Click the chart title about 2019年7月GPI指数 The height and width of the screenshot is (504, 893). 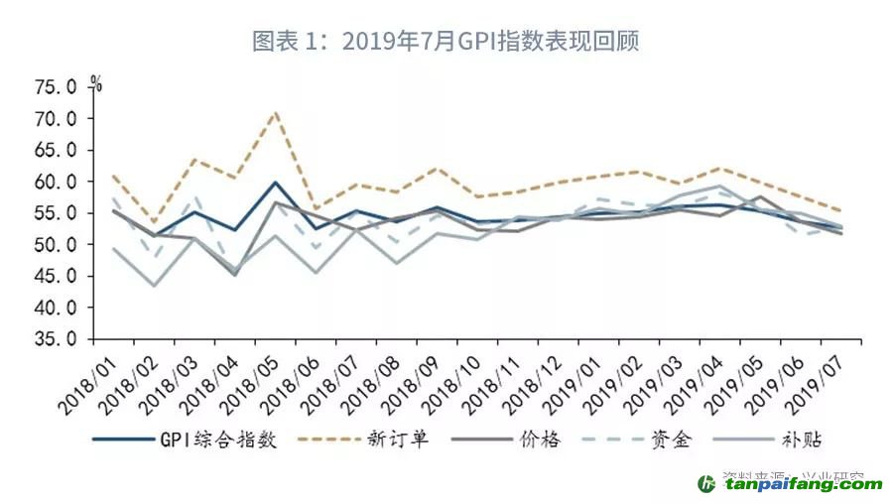tap(446, 42)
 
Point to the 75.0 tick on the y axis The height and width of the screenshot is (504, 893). tap(55, 87)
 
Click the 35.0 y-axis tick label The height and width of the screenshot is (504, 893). tap(55, 339)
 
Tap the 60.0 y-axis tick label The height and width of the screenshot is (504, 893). tap(55, 182)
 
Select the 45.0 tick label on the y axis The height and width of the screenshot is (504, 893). tap(55, 276)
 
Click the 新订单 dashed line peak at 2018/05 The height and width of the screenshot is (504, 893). tap(275, 112)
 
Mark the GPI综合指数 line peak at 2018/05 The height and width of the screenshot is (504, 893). tap(274, 183)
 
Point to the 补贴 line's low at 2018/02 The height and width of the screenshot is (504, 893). tap(153, 286)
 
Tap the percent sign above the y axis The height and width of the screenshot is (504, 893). tap(95, 82)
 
